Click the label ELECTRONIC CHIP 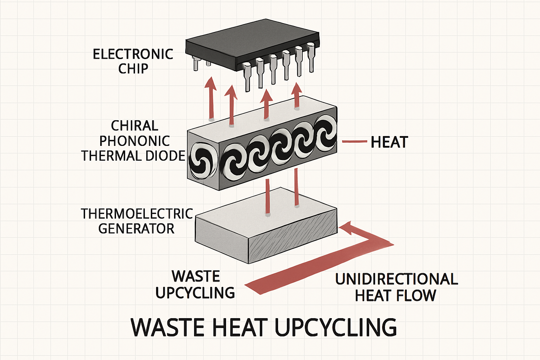[133, 61]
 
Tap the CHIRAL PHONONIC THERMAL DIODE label [134, 141]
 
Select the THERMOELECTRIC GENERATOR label [136, 221]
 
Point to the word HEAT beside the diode [389, 142]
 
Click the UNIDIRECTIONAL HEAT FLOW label [396, 287]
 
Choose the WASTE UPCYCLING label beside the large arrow [195, 284]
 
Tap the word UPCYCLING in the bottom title [336, 327]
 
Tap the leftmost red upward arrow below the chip [211, 98]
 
